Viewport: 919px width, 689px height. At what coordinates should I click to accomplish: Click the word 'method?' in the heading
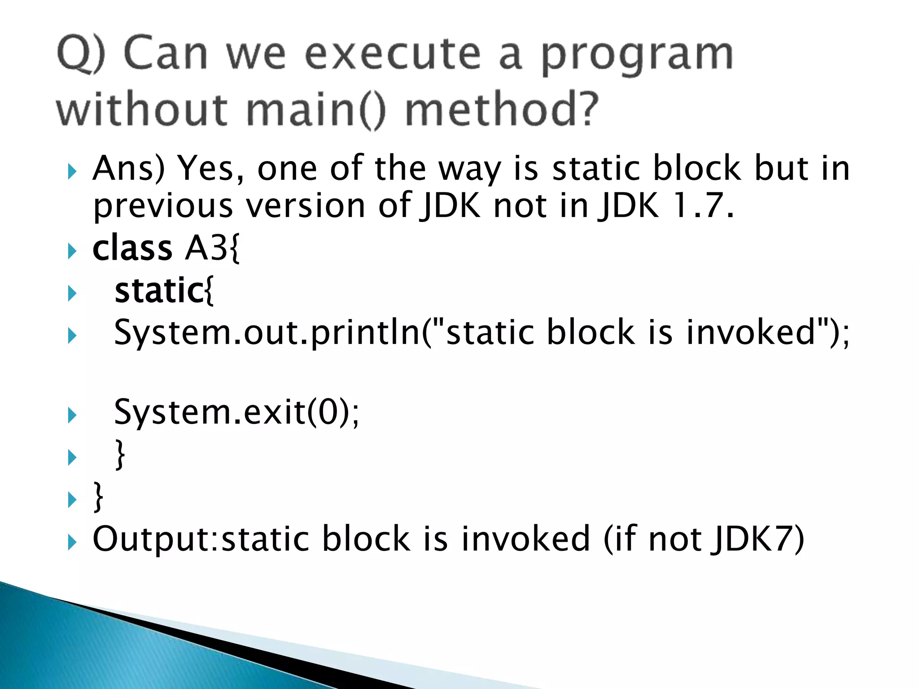click(502, 110)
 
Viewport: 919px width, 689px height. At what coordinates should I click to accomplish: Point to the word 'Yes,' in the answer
click(211, 169)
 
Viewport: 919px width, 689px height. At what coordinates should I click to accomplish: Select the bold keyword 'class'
click(132, 248)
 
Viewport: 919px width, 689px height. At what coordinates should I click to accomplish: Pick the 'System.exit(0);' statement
click(236, 412)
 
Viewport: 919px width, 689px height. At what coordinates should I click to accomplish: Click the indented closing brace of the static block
click(120, 454)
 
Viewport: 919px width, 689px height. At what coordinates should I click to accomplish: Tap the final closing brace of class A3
click(98, 497)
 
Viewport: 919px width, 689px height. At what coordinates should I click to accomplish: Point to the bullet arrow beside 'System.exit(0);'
click(72, 415)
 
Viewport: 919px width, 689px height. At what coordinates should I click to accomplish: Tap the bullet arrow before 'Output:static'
click(72, 542)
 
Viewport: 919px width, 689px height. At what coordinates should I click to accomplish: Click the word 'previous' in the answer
click(162, 206)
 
